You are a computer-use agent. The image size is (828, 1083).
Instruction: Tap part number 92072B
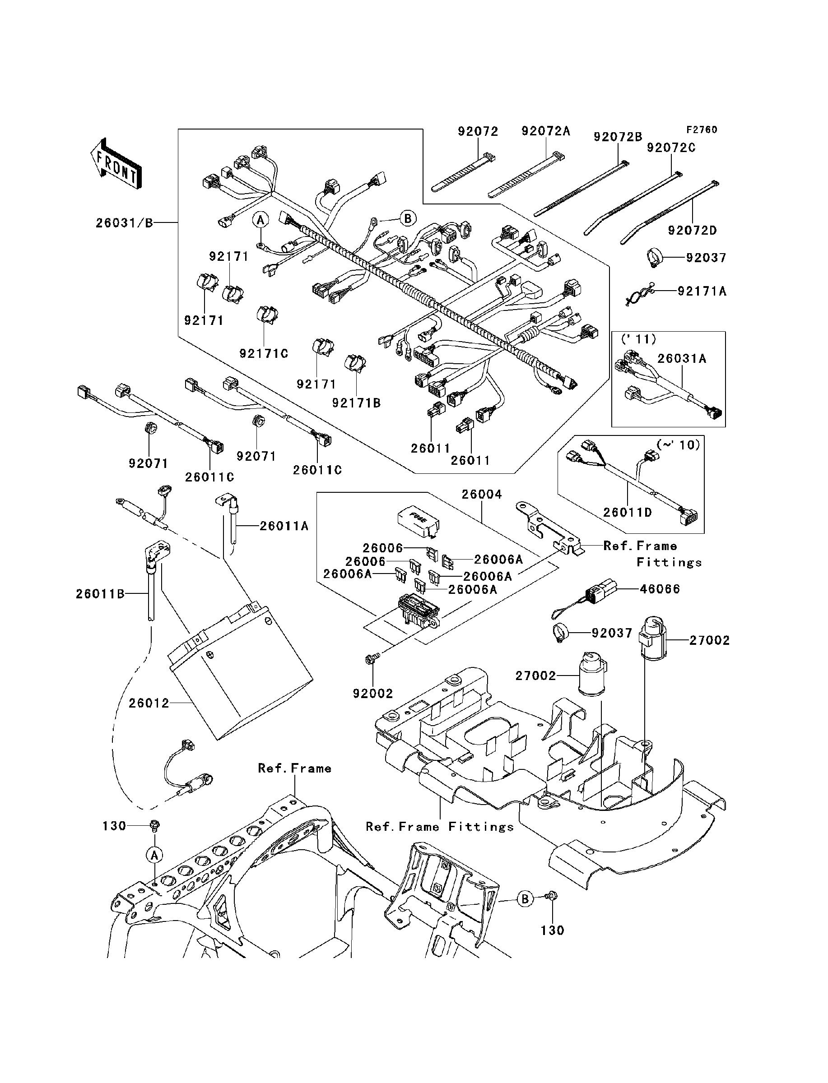[x=618, y=136]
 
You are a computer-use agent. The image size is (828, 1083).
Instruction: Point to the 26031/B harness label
[x=124, y=223]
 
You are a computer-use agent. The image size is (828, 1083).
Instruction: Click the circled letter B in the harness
[x=408, y=218]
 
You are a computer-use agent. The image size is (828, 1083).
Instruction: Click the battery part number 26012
[x=149, y=703]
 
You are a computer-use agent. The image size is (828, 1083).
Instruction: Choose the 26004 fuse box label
[x=482, y=494]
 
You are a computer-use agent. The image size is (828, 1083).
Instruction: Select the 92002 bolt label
[x=372, y=694]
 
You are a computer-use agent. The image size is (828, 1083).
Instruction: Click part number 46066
[x=660, y=589]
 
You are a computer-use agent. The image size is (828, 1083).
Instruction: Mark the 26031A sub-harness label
[x=682, y=359]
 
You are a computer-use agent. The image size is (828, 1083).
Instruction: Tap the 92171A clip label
[x=702, y=292]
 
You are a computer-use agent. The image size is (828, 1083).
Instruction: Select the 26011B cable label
[x=100, y=594]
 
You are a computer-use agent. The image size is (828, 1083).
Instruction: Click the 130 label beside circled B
[x=552, y=930]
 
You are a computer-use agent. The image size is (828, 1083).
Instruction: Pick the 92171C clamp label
[x=264, y=354]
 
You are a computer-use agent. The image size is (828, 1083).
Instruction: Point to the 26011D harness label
[x=628, y=513]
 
